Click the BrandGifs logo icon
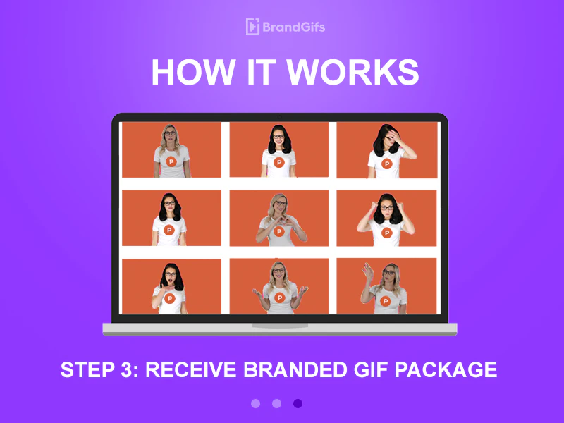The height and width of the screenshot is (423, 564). click(x=252, y=27)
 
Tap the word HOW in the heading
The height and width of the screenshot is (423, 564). click(x=185, y=73)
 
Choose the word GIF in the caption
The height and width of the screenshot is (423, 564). click(x=369, y=369)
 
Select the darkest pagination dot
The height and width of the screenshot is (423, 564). click(x=298, y=403)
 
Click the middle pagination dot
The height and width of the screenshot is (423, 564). click(x=276, y=403)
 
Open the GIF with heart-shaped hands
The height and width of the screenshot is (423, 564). click(x=279, y=218)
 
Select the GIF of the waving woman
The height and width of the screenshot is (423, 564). click(x=386, y=286)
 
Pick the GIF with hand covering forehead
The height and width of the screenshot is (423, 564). click(x=386, y=150)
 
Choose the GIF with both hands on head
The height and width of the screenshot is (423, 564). click(x=386, y=218)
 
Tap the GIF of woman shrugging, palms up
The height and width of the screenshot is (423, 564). click(x=279, y=286)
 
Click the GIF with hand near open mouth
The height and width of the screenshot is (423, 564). click(x=171, y=286)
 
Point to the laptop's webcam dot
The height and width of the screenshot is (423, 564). click(x=280, y=117)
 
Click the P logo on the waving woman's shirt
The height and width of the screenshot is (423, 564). click(x=385, y=301)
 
